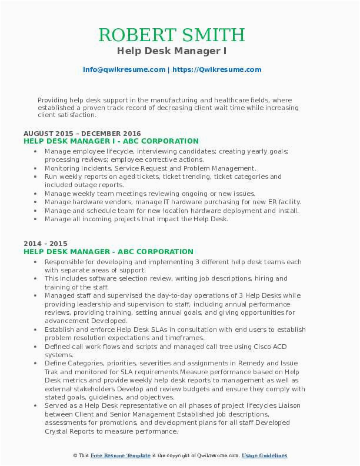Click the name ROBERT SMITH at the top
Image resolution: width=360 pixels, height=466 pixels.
(179, 35)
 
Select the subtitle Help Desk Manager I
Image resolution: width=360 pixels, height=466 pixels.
(179, 52)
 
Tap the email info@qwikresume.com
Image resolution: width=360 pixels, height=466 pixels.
(124, 69)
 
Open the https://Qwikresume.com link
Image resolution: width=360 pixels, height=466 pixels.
(216, 69)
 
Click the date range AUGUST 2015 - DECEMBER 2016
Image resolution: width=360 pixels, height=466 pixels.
(82, 134)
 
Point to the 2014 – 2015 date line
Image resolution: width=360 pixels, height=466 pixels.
(45, 244)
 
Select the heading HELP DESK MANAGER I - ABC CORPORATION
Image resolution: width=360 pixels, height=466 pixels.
(111, 141)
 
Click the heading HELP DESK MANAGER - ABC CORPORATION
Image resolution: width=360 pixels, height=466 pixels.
(108, 251)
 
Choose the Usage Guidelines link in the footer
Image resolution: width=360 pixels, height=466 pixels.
(265, 456)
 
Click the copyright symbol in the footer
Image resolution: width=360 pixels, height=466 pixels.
(76, 456)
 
